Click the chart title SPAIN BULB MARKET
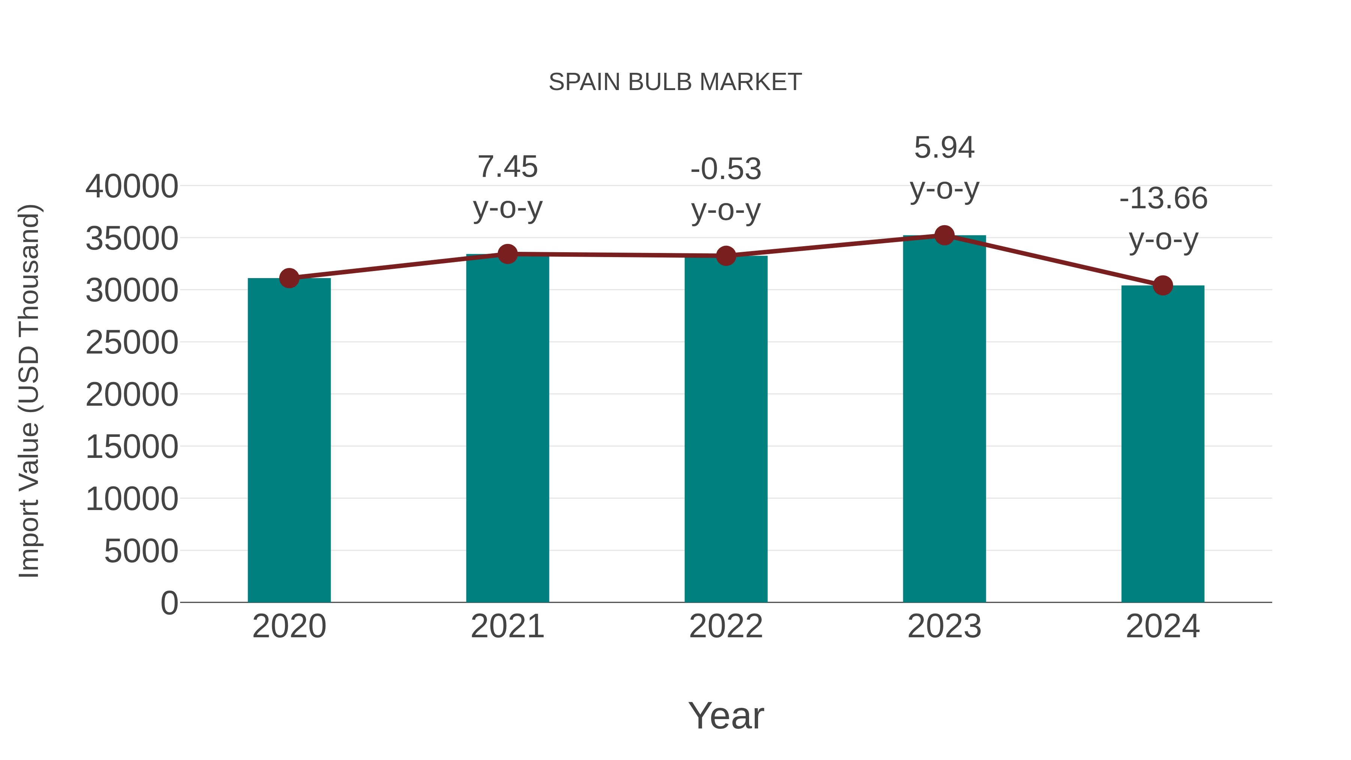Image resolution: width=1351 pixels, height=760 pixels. point(675,82)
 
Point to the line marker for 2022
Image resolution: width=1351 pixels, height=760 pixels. point(726,256)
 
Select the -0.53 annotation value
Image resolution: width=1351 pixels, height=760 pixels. point(726,169)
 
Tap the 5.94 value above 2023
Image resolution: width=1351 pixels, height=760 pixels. point(944,147)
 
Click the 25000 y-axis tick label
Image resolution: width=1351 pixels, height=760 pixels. point(132,343)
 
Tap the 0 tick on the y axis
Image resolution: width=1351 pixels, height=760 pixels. point(169,603)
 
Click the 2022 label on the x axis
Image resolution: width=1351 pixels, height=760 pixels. point(726,626)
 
